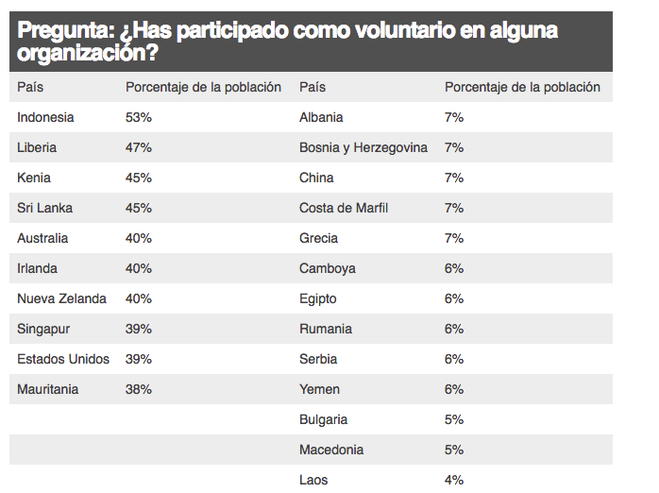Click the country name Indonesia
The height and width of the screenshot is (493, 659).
[x=45, y=117]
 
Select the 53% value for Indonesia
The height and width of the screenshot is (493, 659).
[x=139, y=117]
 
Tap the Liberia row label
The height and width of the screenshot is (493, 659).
[x=37, y=147]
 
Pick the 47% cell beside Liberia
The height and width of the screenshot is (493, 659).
[x=139, y=147]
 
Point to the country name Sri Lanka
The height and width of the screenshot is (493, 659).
[x=44, y=208]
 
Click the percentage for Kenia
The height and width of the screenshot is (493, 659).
[x=139, y=178]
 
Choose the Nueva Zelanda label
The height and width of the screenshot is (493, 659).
[x=61, y=298]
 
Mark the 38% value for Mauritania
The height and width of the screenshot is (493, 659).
[x=139, y=389]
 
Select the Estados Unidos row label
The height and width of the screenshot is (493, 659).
[x=63, y=359]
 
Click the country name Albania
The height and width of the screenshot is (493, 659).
[x=321, y=117]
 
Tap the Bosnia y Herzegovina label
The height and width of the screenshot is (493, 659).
[x=363, y=147]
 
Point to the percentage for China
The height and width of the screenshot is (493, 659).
[x=454, y=178]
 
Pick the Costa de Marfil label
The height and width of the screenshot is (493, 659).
[x=344, y=208]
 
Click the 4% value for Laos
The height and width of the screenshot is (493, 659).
[x=454, y=480]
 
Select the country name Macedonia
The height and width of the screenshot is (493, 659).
[x=331, y=450]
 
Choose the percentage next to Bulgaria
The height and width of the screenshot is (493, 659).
[x=454, y=419]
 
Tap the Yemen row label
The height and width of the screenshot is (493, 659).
[x=319, y=389]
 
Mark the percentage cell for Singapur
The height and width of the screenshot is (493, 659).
[x=139, y=329]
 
